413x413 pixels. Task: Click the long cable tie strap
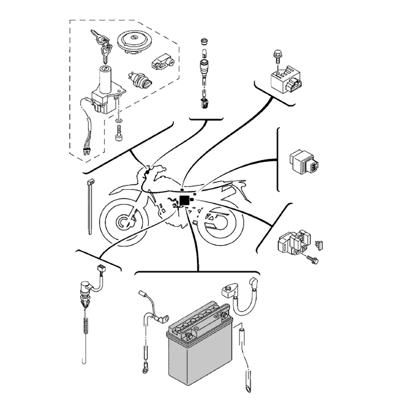point(90,206)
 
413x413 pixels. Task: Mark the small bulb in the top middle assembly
point(203,53)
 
